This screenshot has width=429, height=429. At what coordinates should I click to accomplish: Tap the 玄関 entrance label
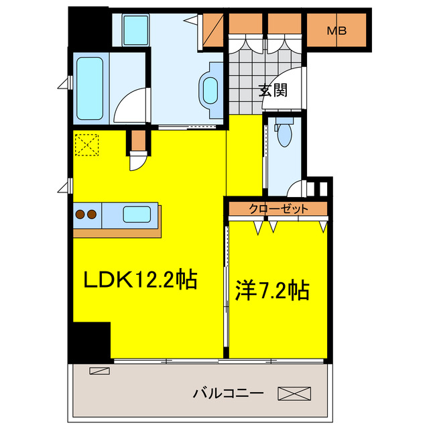click(x=273, y=90)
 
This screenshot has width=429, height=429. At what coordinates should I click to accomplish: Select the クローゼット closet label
click(x=278, y=208)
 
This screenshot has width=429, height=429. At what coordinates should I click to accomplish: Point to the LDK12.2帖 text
click(x=139, y=279)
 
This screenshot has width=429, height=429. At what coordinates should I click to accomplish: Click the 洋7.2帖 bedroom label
click(x=271, y=290)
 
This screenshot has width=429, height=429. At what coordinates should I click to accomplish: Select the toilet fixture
click(x=285, y=133)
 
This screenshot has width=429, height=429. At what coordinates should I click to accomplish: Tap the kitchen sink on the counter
click(x=136, y=214)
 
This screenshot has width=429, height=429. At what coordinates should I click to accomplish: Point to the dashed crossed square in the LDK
click(x=86, y=144)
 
